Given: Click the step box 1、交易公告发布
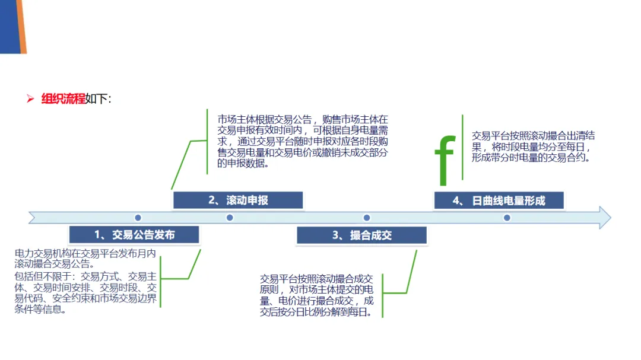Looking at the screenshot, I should point(134,234).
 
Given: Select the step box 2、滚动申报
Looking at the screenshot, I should point(237,200).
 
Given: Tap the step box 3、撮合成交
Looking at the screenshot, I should point(361,235).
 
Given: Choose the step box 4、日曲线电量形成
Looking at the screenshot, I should point(499,200).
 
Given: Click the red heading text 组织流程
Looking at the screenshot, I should point(63,99).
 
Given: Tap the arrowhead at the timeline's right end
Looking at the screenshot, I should point(604,218).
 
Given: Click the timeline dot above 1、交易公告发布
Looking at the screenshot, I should point(138,218).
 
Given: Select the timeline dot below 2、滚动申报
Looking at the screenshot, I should point(230,218).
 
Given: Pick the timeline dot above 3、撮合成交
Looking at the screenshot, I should point(367,218).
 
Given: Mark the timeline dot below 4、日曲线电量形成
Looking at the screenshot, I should point(507,218).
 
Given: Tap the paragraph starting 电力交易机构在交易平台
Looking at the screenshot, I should point(85,259).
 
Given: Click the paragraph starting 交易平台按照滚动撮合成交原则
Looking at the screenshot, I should point(317,295).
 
